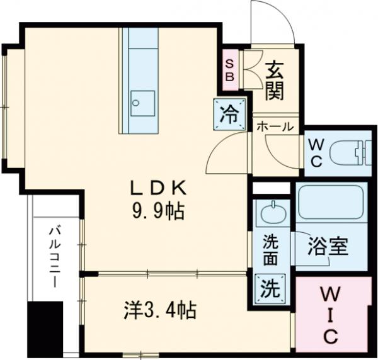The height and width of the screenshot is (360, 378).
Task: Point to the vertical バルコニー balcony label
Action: [54, 258]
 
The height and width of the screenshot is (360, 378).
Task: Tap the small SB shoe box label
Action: [230, 69]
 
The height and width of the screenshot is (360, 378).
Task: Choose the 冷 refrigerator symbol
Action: [229, 114]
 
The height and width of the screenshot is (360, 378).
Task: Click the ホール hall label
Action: [275, 127]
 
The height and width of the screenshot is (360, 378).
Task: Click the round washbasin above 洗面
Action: [273, 212]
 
